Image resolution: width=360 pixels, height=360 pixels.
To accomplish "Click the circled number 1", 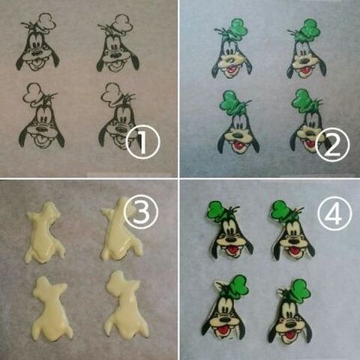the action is [142, 142].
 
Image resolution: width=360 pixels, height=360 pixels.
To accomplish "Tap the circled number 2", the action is [332, 145].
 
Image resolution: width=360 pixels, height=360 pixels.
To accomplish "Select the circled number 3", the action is [141, 212].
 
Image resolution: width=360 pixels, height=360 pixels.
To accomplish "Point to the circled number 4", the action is [334, 213].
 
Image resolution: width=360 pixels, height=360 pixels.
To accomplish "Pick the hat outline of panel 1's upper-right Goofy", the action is [122, 24].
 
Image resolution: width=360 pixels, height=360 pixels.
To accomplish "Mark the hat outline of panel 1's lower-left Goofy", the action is [32, 92].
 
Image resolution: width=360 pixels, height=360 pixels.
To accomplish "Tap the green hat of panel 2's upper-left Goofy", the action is [238, 28].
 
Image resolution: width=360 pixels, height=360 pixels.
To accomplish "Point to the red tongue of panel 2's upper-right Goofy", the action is [305, 70].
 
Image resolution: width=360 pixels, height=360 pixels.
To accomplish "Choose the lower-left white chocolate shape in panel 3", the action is [50, 310].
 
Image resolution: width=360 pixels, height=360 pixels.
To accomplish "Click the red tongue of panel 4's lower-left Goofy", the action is [222, 331].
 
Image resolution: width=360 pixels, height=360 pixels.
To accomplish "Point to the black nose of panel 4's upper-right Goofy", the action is [293, 241].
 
